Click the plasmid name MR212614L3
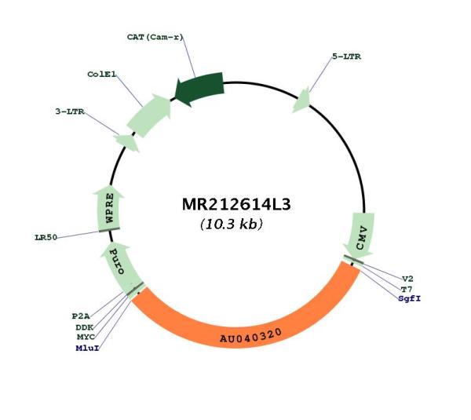point(236,205)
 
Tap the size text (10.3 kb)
point(232,224)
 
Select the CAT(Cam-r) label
point(155,37)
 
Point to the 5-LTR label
point(347,57)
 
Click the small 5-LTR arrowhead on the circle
point(301,100)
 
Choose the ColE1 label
point(101,74)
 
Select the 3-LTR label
point(70,111)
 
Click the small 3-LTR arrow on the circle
point(126,142)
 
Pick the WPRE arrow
point(109,208)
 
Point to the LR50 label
point(46,237)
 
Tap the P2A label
point(81,316)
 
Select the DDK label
point(85,327)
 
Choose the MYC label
point(86,337)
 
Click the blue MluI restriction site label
point(87,348)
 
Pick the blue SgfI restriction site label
point(410,298)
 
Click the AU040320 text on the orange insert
point(251,336)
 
